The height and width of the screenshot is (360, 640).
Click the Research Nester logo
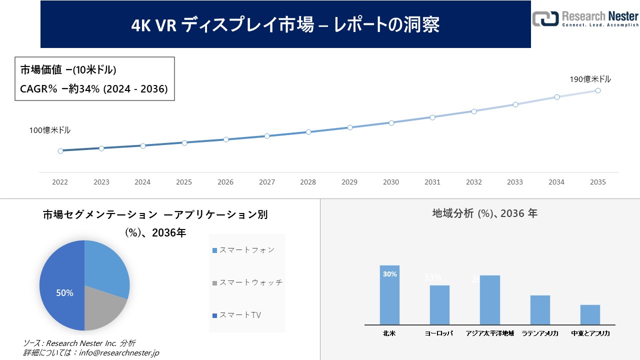tap(585, 18)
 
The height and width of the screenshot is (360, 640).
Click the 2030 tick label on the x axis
tap(391, 182)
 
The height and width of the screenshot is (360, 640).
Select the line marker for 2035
tap(597, 90)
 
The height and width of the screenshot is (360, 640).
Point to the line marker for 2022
tap(60, 150)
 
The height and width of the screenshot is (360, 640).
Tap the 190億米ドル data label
tap(590, 79)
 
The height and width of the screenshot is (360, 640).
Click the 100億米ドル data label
tap(49, 130)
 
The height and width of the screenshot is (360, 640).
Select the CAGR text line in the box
tap(94, 88)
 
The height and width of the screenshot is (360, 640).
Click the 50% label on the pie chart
tap(64, 293)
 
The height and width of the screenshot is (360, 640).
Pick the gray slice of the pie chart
tap(102, 310)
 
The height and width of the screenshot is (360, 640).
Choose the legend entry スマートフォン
tap(243, 250)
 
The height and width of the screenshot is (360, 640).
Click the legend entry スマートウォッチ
tap(247, 282)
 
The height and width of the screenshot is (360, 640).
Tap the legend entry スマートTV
tap(237, 315)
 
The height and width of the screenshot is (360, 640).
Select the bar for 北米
tap(389, 295)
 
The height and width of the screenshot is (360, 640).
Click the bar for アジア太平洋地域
tap(489, 300)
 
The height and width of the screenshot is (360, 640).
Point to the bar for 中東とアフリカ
tap(590, 314)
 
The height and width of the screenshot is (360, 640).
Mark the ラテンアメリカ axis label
tap(540, 333)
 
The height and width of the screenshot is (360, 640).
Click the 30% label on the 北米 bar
tap(390, 274)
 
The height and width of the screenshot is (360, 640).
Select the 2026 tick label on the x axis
tap(225, 182)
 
